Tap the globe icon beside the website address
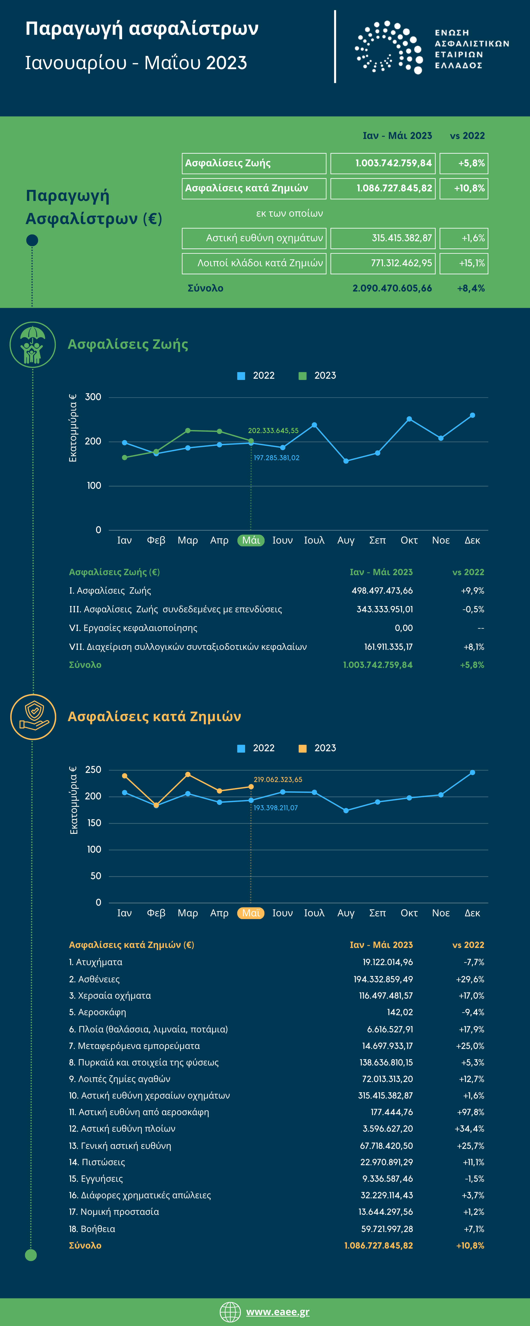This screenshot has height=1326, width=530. [x=230, y=1312]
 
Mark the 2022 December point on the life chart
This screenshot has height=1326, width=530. [x=472, y=415]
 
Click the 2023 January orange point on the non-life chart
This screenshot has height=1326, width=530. [x=124, y=776]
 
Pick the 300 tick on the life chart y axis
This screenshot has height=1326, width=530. [x=93, y=397]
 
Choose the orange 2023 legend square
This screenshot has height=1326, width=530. [x=303, y=749]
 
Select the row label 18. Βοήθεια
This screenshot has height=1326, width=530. [x=92, y=1229]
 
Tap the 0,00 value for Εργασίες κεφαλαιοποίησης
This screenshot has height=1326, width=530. [x=403, y=628]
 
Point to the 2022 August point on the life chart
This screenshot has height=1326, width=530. [x=346, y=461]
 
